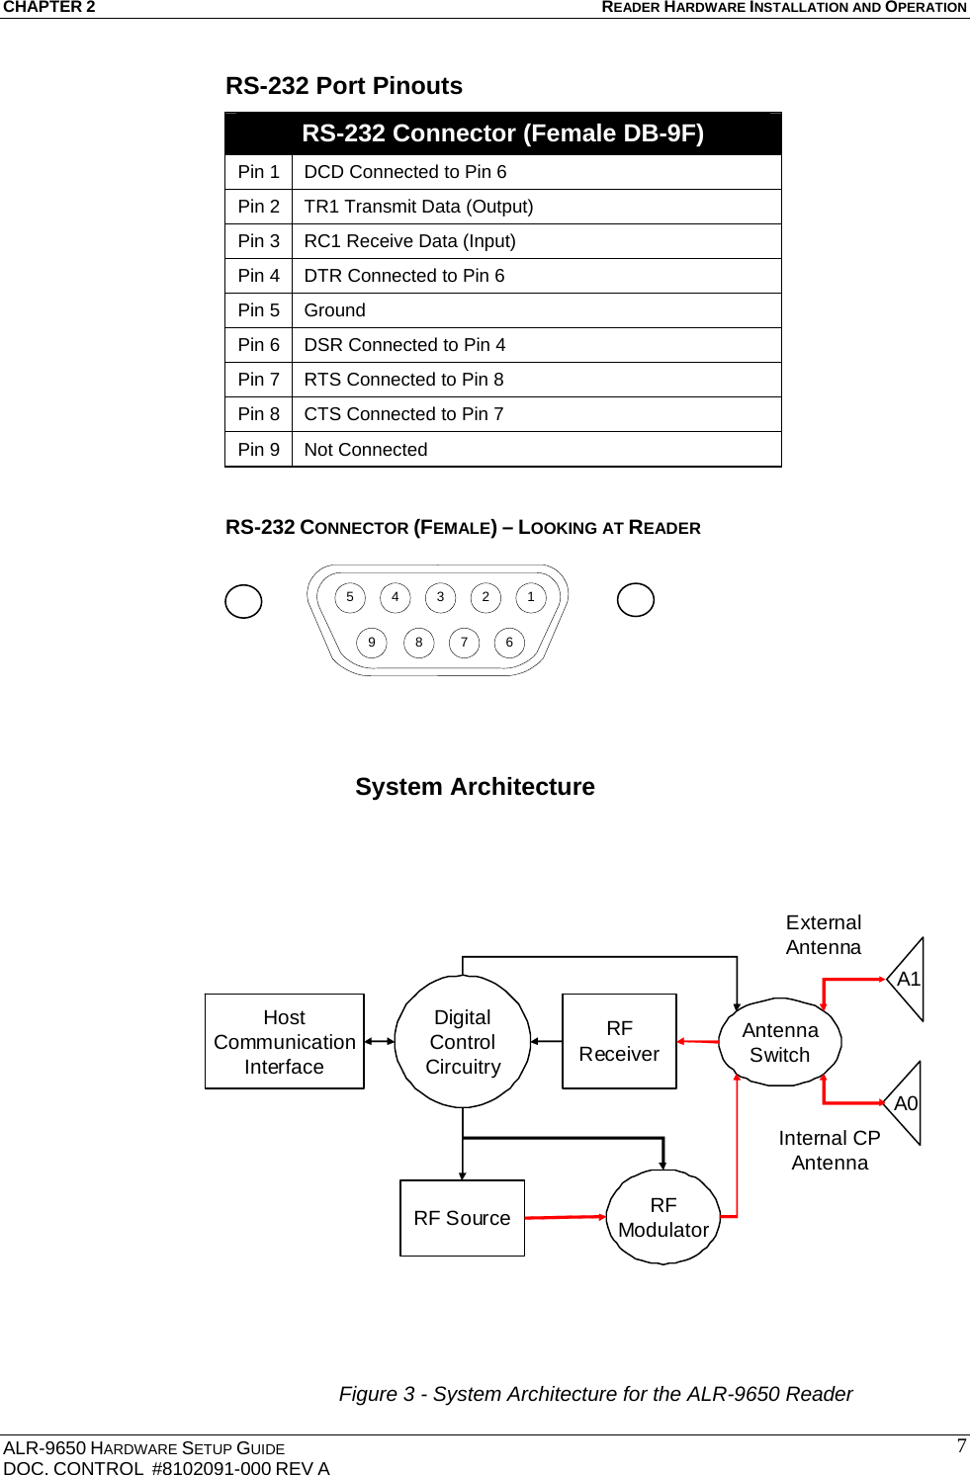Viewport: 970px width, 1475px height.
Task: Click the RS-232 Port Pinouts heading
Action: point(343,86)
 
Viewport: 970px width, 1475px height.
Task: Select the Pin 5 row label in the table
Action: point(258,310)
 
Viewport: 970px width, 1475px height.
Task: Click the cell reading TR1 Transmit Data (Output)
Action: point(418,207)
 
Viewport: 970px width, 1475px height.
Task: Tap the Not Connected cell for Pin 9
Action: point(365,450)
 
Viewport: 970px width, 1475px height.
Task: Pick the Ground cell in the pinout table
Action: point(334,310)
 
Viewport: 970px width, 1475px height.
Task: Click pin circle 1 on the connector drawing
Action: point(531,597)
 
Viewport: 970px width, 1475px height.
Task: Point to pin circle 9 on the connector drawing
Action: point(372,643)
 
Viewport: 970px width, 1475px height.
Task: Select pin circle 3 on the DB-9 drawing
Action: point(440,597)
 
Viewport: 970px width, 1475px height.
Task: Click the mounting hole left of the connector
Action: point(243,601)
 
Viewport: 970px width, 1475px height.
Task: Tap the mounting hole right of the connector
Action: point(636,599)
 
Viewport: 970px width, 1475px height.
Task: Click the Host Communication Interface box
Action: point(284,1042)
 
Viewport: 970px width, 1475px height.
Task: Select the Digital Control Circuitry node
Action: point(463,1042)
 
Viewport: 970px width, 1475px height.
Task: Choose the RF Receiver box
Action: point(619,1042)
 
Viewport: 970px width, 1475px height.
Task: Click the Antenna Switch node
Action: point(780,1042)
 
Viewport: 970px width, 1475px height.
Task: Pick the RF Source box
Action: point(462,1218)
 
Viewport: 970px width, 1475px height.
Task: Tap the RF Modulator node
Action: point(663,1217)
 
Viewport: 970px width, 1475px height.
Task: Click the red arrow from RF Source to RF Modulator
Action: point(565,1217)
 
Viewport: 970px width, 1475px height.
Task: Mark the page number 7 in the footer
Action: point(961,1445)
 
